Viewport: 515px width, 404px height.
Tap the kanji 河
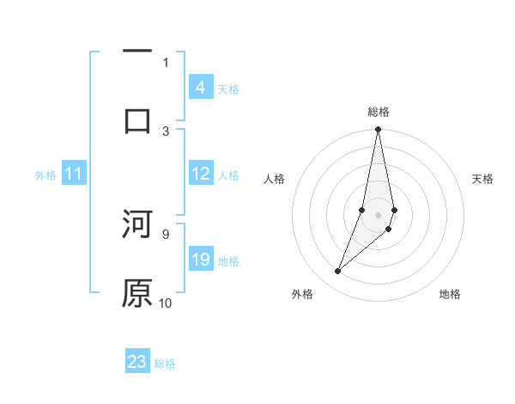(x=137, y=224)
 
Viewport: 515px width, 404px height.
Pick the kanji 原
(x=137, y=293)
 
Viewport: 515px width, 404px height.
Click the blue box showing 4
(x=200, y=87)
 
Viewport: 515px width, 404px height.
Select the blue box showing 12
(x=201, y=174)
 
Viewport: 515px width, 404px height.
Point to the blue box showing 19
(x=201, y=260)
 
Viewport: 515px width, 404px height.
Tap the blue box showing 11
(x=74, y=174)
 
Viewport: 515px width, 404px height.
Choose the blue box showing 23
(x=137, y=362)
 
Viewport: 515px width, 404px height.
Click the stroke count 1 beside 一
(x=166, y=62)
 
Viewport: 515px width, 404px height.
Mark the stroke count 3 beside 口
(x=166, y=131)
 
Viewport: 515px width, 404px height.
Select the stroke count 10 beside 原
(x=166, y=303)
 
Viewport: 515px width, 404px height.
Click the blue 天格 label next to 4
(x=228, y=89)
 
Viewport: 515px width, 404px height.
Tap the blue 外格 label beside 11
(x=45, y=175)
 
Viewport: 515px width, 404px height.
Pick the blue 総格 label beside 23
(x=166, y=364)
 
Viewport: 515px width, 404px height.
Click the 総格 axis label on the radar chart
(x=378, y=112)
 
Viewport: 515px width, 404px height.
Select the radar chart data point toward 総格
(x=378, y=130)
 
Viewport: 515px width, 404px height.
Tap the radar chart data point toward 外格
(x=338, y=271)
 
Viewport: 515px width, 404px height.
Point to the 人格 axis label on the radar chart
(x=274, y=179)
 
